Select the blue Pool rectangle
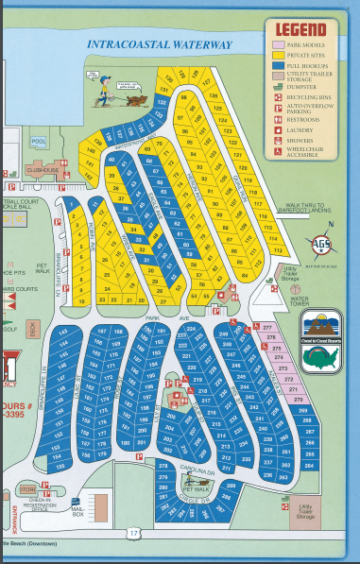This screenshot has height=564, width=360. coord(38,143)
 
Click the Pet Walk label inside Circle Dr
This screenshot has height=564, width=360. coord(195,489)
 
